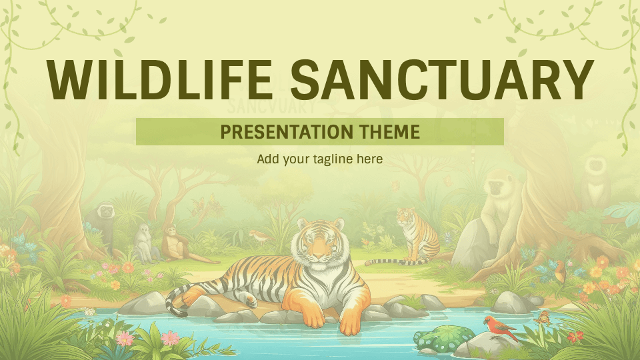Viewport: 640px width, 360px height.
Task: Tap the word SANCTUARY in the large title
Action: [x=441, y=79]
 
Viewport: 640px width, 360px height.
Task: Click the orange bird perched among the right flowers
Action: [x=560, y=269]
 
